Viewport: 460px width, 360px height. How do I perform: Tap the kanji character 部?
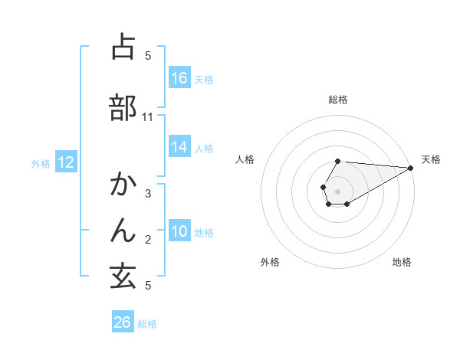tap(123, 107)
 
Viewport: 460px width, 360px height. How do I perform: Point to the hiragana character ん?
tap(123, 231)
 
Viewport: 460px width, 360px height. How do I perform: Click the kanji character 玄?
tap(123, 277)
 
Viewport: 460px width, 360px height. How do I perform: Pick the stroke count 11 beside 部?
tap(148, 117)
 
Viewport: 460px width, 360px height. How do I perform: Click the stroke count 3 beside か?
tap(148, 194)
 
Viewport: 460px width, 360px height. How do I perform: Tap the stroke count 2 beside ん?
tap(148, 240)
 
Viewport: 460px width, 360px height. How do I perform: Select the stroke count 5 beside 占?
tap(148, 56)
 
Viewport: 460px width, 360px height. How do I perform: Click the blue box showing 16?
tap(179, 78)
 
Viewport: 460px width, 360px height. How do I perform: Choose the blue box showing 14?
tap(179, 147)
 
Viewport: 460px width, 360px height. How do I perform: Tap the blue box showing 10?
tap(179, 231)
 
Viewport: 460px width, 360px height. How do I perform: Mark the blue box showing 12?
tap(65, 162)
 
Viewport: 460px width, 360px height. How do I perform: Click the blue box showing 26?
tap(123, 322)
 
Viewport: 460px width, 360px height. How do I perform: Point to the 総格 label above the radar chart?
tap(338, 100)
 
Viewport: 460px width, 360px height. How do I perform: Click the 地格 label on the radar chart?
tap(402, 263)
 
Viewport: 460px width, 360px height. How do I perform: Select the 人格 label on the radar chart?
tap(245, 159)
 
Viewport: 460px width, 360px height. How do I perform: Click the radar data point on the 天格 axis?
tap(411, 168)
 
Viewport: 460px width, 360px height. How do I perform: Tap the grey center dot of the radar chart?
tap(338, 191)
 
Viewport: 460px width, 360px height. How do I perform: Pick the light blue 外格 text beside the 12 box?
tap(41, 163)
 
